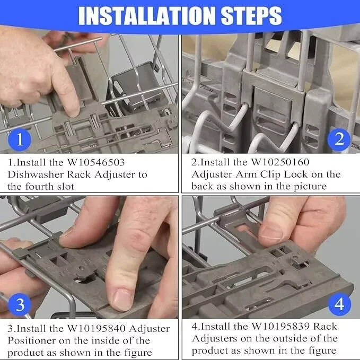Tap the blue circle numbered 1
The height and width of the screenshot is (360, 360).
[x=20, y=141]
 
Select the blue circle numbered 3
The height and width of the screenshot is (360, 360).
[x=20, y=304]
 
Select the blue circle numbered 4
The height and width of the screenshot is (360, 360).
[x=340, y=304]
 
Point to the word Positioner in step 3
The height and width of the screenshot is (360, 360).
[x=34, y=340]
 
